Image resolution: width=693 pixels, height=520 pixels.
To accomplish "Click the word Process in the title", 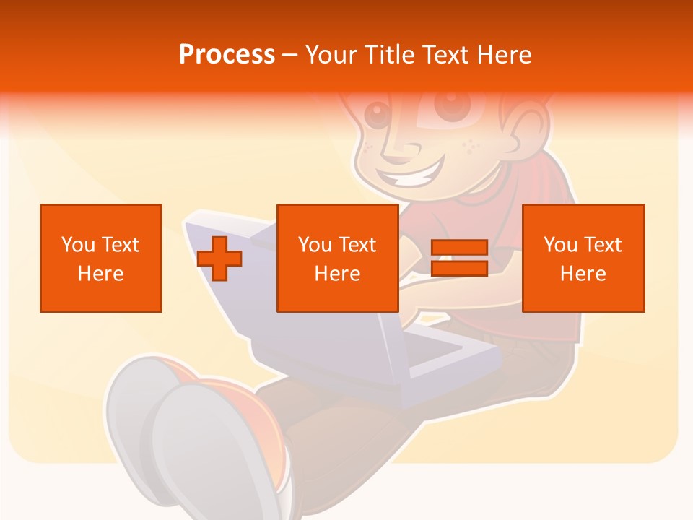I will (227, 55).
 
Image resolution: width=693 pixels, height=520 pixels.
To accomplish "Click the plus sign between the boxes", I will (219, 259).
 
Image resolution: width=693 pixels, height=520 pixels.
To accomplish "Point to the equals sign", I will (459, 258).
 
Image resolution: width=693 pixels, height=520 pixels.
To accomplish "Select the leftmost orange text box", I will (101, 258).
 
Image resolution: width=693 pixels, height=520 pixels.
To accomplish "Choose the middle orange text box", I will (338, 258).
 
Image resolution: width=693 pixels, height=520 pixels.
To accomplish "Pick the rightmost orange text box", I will (583, 258).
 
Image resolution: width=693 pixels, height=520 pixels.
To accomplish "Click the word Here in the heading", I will (502, 55).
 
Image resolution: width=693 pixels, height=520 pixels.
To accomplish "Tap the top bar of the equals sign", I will (459, 248).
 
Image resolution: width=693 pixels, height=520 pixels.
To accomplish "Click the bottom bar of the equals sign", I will (459, 268).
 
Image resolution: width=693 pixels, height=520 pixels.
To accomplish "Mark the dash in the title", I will (290, 55).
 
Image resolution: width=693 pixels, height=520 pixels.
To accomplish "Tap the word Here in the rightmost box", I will (583, 274).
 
